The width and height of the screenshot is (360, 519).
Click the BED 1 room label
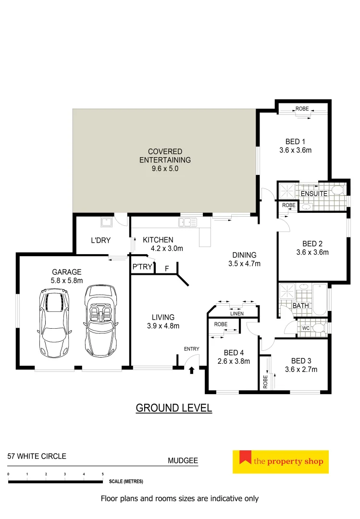tap(295, 142)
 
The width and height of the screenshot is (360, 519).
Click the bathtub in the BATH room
tap(320, 299)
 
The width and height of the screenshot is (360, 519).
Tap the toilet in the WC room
tap(318, 329)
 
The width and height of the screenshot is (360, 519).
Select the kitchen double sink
tap(187, 222)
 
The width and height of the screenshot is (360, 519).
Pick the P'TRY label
tap(142, 267)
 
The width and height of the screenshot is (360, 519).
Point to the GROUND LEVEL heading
tap(174, 408)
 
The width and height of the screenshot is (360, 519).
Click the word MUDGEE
tap(183, 460)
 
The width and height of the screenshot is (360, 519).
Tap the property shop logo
tap(281, 462)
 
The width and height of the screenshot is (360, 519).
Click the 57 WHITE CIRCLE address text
tap(37, 456)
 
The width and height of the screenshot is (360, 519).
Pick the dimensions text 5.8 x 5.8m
tap(67, 281)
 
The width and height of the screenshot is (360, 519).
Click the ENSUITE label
tap(314, 194)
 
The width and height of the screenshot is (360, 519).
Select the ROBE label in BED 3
tap(265, 382)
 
